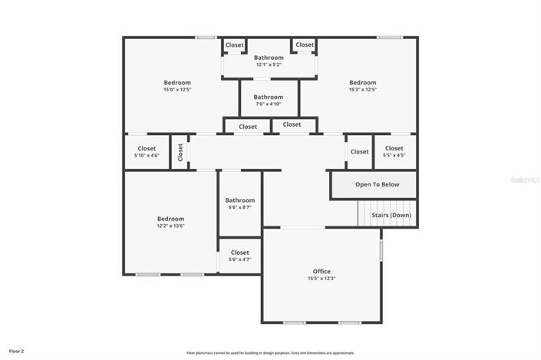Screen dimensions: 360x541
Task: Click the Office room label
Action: [x=322, y=271]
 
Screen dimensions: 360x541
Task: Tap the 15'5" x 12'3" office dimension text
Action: [x=322, y=279]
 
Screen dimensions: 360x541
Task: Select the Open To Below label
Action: [x=377, y=184]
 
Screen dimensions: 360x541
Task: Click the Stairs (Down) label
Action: [x=391, y=215]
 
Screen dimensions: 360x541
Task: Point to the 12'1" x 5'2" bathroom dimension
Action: [x=269, y=64]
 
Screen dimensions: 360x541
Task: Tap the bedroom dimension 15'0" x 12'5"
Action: [x=176, y=90]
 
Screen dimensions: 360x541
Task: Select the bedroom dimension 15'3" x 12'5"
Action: [x=363, y=90]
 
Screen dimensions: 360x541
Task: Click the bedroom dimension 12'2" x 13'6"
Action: [x=171, y=226]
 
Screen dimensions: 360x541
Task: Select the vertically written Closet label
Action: [x=180, y=152]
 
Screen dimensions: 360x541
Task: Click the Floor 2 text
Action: [x=16, y=351]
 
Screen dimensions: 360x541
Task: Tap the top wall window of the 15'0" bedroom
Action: [x=205, y=37]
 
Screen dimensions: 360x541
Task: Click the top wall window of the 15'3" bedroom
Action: [x=389, y=37]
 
